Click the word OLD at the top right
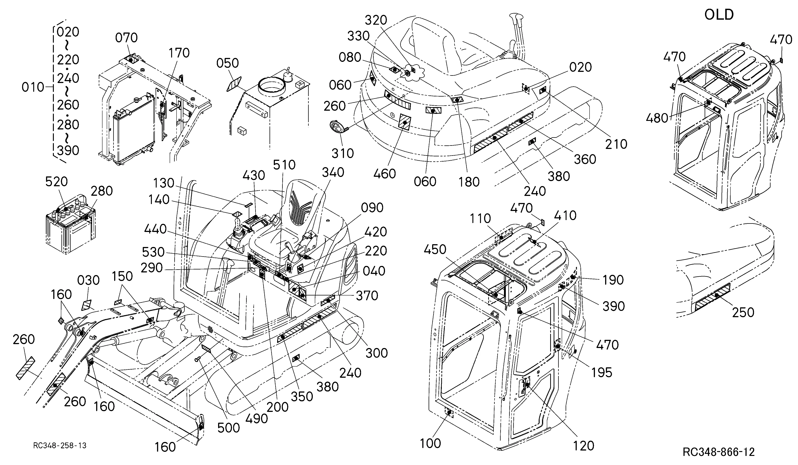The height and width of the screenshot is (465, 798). point(719,14)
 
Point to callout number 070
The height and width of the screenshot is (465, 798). point(126,38)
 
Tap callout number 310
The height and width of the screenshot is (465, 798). point(343,153)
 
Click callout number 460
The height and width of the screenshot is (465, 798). point(384,174)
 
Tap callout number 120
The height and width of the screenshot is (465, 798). point(584,446)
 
